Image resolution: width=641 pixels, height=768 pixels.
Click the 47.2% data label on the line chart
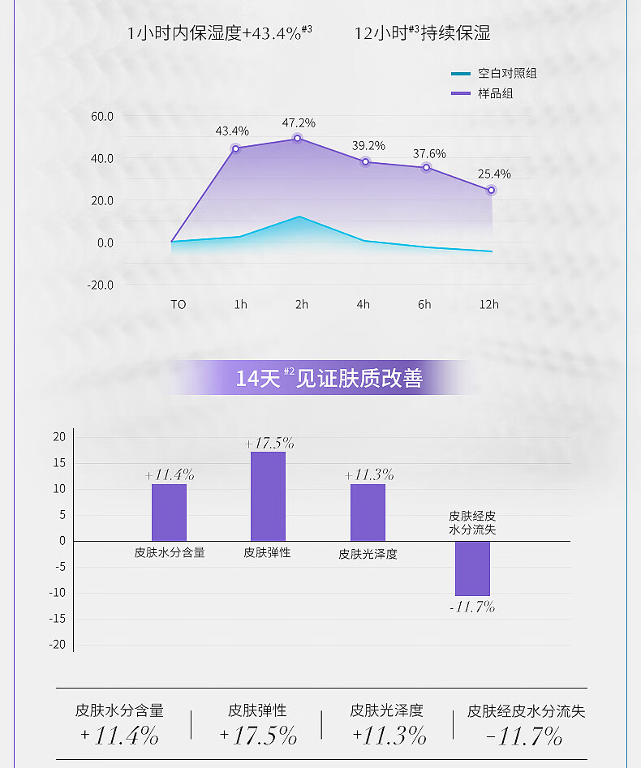(x=299, y=123)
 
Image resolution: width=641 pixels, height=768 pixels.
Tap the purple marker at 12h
(x=491, y=191)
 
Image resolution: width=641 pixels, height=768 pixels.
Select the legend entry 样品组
(x=495, y=93)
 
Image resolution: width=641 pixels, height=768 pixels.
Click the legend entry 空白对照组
(x=506, y=74)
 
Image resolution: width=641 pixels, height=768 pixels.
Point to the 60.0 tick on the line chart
(x=102, y=116)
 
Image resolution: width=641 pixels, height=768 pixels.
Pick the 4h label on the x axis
(x=363, y=304)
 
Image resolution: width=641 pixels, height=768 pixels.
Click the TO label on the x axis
(x=179, y=304)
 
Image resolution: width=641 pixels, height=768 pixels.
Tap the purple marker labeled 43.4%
(x=236, y=148)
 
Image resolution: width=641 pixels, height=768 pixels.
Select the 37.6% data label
(x=429, y=154)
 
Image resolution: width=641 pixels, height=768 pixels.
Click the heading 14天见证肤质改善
(x=329, y=379)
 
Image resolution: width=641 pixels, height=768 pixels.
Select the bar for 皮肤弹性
(x=268, y=496)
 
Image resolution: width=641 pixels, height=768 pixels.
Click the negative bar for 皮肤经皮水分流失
(x=472, y=568)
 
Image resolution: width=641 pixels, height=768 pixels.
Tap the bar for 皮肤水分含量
(x=169, y=512)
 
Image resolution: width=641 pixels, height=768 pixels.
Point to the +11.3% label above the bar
(x=369, y=475)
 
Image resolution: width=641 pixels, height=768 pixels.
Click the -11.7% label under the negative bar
(x=472, y=607)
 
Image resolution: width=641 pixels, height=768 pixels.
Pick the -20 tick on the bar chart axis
(x=59, y=645)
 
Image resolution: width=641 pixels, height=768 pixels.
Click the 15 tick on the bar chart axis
(x=59, y=462)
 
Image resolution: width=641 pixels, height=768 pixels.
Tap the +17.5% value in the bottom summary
(x=258, y=736)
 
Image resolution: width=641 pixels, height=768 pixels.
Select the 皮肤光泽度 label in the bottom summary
(x=387, y=710)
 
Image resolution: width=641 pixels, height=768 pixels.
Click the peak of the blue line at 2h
(x=299, y=217)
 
